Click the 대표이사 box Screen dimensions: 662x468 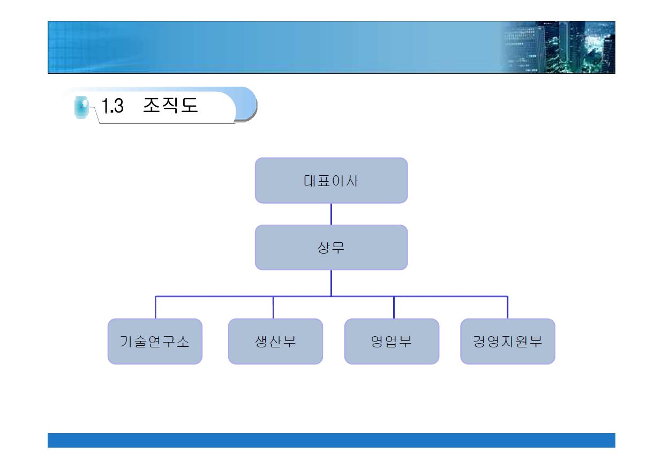[x=332, y=181]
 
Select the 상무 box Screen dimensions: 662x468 [x=332, y=247]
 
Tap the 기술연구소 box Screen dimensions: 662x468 [x=155, y=341]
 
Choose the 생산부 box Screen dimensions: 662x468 [x=275, y=341]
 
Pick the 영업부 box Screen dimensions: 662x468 [x=392, y=341]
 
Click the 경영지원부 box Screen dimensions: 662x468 [x=508, y=341]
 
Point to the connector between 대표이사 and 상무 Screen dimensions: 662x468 [x=331, y=214]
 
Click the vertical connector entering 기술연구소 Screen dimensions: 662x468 [x=155, y=307]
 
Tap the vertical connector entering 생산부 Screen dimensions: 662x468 [x=273, y=307]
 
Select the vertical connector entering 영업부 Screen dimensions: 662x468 [x=394, y=307]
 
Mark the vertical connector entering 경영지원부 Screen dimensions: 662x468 [x=507, y=307]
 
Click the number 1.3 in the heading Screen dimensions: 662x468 [x=112, y=106]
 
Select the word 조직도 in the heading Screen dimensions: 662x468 [x=170, y=105]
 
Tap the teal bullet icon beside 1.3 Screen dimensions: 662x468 [x=81, y=107]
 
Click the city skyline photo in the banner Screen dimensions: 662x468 [x=559, y=47]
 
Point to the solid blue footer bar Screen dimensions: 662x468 [x=332, y=440]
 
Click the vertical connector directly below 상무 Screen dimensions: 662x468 [x=331, y=283]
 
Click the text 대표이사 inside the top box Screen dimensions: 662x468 [x=331, y=181]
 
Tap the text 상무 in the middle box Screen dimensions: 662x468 [x=331, y=248]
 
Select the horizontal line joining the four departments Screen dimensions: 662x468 [x=332, y=296]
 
